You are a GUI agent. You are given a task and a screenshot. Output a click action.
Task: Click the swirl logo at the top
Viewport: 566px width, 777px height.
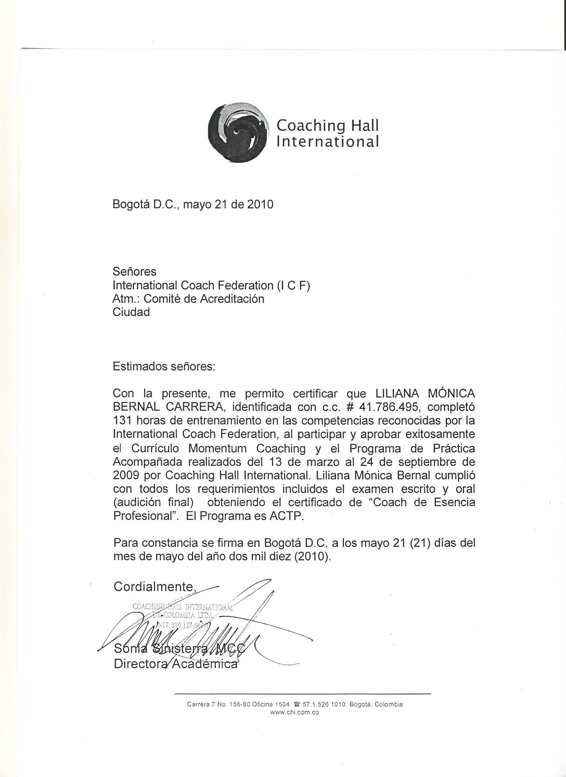[x=239, y=132]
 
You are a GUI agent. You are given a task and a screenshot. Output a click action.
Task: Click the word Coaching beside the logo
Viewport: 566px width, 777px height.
[x=311, y=126]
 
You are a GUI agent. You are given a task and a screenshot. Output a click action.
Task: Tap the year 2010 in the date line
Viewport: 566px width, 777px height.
[x=260, y=205]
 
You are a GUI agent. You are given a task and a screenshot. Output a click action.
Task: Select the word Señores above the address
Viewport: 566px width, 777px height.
[x=134, y=271]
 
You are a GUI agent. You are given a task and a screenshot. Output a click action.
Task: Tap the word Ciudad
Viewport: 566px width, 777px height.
[x=131, y=312]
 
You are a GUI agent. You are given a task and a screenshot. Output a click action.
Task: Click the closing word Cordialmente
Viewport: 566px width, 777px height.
[x=154, y=587]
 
